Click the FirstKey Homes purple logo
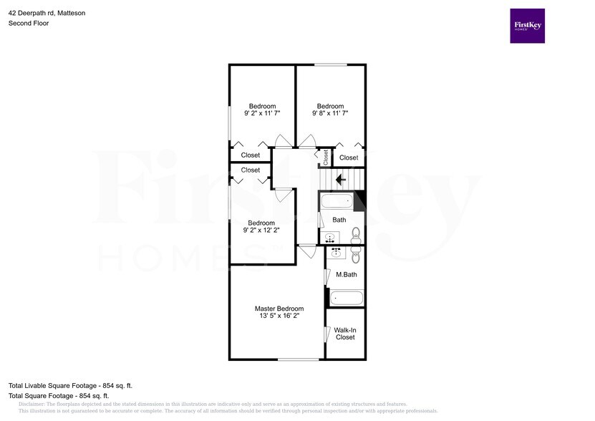click(527, 26)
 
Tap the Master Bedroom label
click(274, 309)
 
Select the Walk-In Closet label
click(345, 334)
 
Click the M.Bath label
click(346, 274)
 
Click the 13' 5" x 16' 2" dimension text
click(274, 316)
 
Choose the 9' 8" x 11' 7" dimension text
click(330, 114)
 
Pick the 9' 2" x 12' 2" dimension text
click(261, 231)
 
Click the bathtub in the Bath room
click(337, 201)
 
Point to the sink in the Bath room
click(331, 237)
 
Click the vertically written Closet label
click(325, 157)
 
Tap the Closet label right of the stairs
click(349, 158)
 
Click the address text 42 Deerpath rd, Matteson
click(47, 11)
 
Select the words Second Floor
click(29, 23)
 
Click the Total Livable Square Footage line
click(70, 386)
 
